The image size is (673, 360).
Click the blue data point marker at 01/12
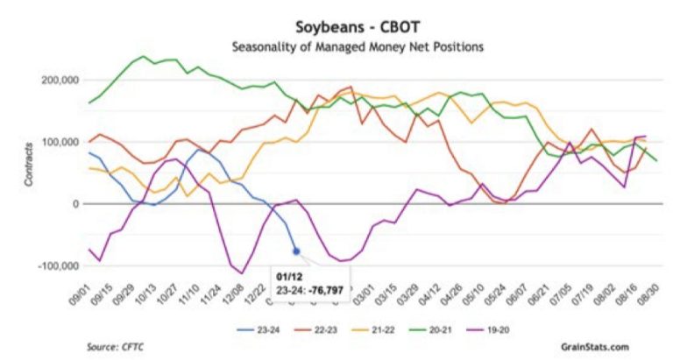[296, 251]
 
